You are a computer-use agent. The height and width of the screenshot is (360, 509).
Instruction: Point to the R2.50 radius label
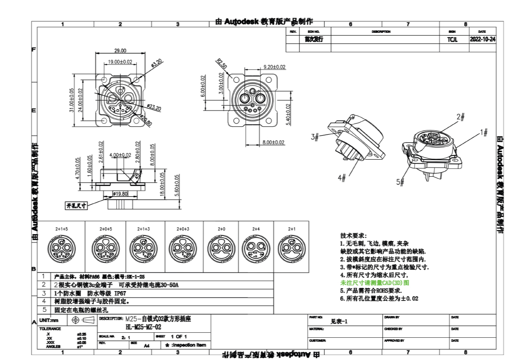click(222, 63)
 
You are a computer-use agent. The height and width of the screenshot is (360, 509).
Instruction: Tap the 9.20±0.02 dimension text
click(274, 67)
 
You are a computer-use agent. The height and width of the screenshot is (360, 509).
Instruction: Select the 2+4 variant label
click(256, 229)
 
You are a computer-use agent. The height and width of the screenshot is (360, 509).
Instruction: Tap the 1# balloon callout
click(484, 133)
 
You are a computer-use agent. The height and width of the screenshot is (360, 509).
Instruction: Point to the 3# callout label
click(315, 137)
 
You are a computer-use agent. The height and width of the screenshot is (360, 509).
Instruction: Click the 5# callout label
click(400, 182)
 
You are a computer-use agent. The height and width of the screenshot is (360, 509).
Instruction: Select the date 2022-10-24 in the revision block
click(482, 39)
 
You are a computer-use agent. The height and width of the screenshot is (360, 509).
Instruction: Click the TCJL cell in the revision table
click(452, 40)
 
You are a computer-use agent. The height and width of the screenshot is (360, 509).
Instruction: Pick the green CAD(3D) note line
click(375, 282)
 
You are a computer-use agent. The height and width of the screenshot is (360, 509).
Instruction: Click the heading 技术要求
click(354, 236)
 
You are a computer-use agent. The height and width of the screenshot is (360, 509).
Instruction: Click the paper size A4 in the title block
click(147, 345)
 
